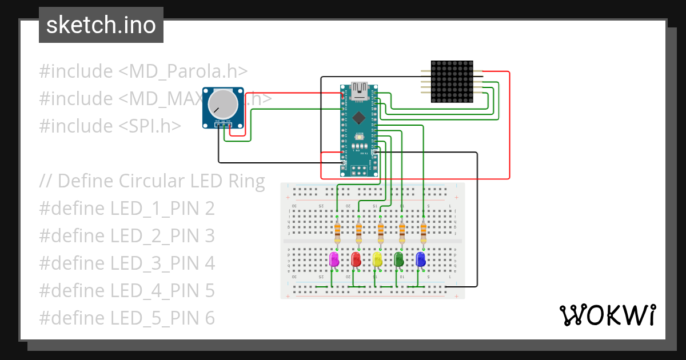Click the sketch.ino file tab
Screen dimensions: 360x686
(101, 25)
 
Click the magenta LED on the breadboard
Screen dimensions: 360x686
(334, 260)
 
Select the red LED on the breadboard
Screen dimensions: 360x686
(356, 260)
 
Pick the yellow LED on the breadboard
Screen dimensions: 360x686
(377, 260)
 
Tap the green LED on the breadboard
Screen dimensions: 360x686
(398, 260)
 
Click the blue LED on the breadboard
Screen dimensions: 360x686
(420, 260)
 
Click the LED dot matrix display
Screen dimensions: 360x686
(452, 82)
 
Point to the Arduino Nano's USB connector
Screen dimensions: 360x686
(360, 89)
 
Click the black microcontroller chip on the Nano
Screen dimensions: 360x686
(358, 118)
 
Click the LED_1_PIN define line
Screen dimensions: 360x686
(127, 209)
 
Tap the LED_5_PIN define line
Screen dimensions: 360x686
(127, 318)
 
